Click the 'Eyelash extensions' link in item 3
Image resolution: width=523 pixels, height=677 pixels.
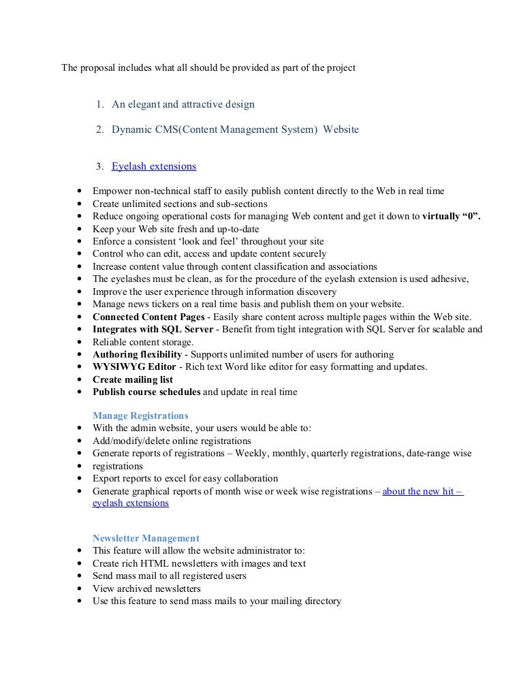(x=154, y=166)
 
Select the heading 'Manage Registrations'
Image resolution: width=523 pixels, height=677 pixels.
(x=140, y=415)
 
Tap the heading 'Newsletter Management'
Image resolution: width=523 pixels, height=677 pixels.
(x=146, y=538)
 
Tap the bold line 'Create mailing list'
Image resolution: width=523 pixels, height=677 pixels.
(x=133, y=379)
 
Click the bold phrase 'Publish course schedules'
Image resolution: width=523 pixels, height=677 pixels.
(x=146, y=392)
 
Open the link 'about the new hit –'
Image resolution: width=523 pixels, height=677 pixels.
(x=423, y=491)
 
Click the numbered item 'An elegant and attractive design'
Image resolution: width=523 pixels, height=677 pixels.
(x=183, y=104)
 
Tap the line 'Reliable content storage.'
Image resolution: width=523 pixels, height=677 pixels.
(x=143, y=342)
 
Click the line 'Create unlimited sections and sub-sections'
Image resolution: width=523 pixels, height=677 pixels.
(x=180, y=204)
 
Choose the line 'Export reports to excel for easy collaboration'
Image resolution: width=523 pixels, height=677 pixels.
(x=185, y=478)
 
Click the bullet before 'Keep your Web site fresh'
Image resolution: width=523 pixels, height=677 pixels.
(x=82, y=230)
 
